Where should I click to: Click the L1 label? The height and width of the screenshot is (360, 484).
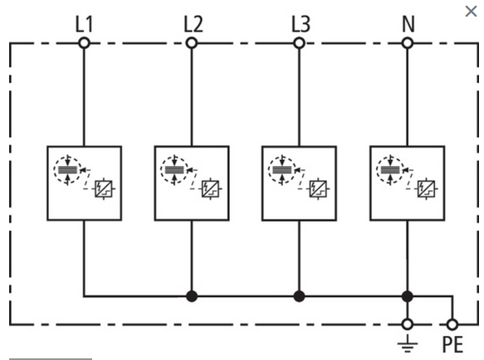84,24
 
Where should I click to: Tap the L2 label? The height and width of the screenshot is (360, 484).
193,24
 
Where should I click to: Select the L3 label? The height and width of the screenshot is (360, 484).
301,24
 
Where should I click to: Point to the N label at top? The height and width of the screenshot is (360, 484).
408,24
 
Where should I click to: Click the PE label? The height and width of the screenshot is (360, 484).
452,344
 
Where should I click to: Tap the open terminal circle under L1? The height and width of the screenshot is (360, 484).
84,43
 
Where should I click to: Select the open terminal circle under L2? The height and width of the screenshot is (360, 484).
192,43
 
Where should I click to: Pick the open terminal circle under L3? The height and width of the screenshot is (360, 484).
299,43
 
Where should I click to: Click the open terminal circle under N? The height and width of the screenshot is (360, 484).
408,43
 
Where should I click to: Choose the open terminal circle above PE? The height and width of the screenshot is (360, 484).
452,324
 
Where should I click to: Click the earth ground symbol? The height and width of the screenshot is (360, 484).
408,343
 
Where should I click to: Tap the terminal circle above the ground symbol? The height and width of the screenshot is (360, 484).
408,324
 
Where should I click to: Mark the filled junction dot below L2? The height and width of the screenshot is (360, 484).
192,296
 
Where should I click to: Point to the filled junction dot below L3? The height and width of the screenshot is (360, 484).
299,296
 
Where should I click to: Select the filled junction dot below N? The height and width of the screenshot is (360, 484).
408,296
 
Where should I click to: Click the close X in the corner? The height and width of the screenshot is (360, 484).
471,12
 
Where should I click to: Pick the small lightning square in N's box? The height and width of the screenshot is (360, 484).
426,188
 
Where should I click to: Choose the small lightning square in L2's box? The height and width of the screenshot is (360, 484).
211,188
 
